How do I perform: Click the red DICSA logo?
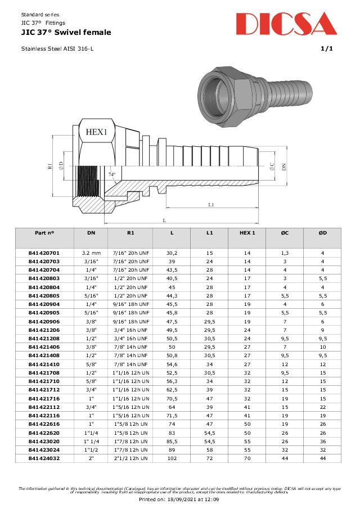286,24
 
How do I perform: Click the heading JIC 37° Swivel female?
66,33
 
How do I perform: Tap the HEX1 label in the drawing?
96,132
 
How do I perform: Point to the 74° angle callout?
112,174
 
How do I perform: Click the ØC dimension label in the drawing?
272,166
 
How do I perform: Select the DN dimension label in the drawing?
284,166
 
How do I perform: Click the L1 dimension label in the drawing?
210,205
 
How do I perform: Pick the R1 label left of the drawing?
50,166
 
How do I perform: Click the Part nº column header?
44,232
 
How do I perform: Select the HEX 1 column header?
247,232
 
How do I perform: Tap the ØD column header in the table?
322,232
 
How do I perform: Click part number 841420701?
44,254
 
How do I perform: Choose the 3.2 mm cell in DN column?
91,254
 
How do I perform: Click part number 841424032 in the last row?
44,458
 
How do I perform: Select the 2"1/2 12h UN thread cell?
130,458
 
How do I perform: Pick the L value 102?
172,458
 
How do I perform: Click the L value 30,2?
172,254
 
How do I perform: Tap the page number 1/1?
327,49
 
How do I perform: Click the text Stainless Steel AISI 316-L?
57,49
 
